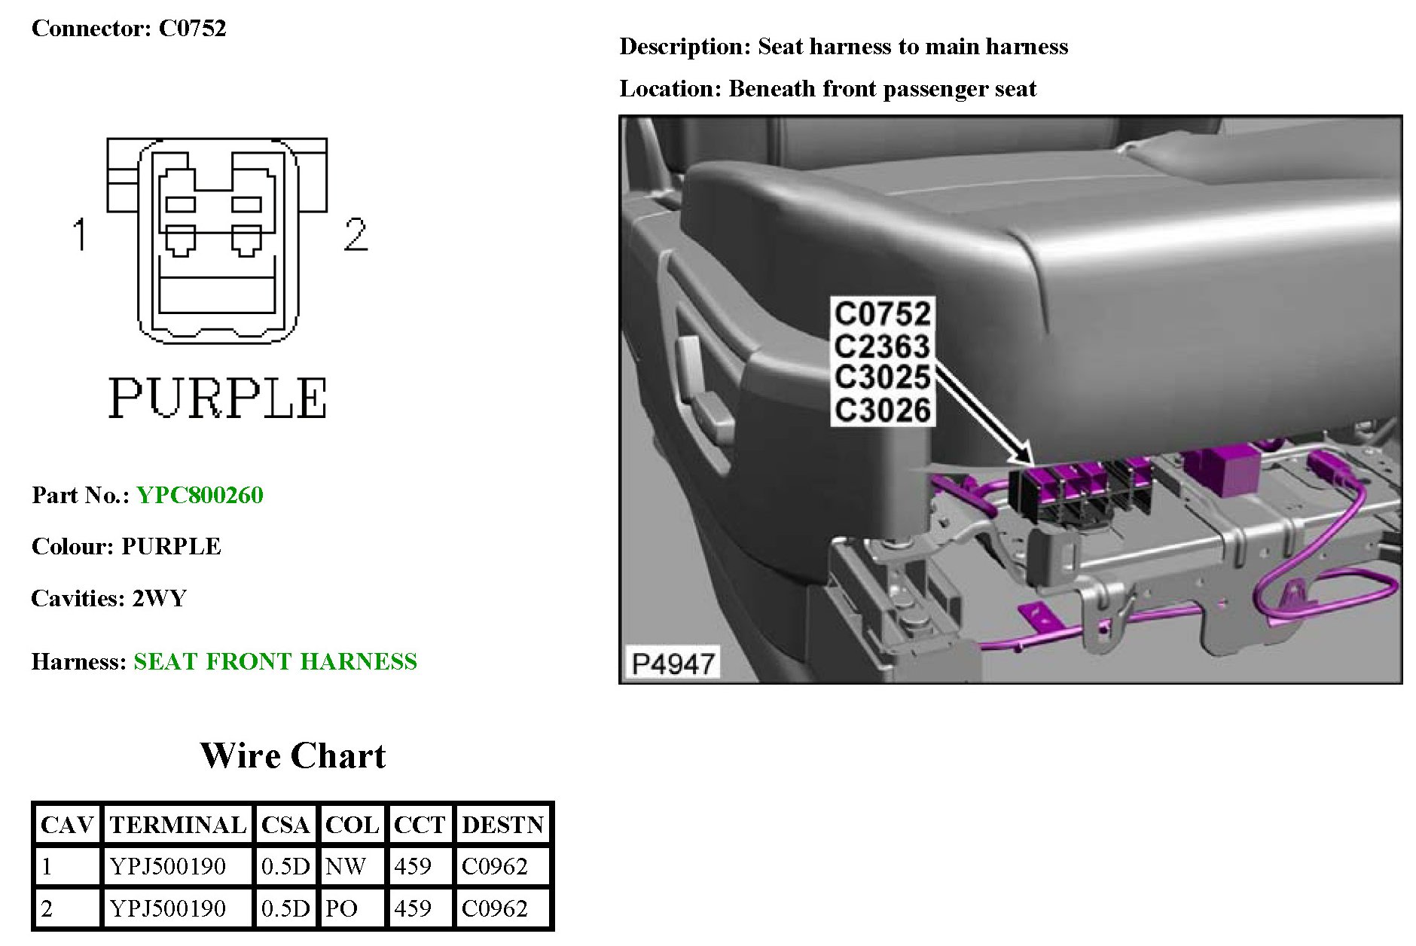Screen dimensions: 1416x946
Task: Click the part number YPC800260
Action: (x=200, y=495)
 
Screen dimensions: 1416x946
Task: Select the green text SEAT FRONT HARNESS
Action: (x=275, y=661)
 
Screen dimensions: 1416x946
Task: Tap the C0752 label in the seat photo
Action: (x=883, y=313)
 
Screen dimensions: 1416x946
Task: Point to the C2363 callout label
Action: (x=883, y=346)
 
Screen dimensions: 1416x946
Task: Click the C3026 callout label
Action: (x=883, y=410)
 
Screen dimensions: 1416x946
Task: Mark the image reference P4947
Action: (x=673, y=664)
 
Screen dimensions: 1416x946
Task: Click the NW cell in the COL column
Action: (x=346, y=866)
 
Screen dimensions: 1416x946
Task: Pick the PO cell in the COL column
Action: (x=341, y=908)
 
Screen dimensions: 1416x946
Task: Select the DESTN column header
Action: (x=502, y=825)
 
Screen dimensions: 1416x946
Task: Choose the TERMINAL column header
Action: (x=178, y=825)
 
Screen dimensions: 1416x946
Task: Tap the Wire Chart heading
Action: (x=292, y=755)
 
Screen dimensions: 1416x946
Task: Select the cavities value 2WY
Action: (x=159, y=598)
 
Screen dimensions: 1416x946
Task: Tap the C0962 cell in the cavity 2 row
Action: (x=495, y=908)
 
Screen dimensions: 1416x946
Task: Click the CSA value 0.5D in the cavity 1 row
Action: (x=285, y=866)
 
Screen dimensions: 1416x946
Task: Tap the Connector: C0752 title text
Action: (x=129, y=28)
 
